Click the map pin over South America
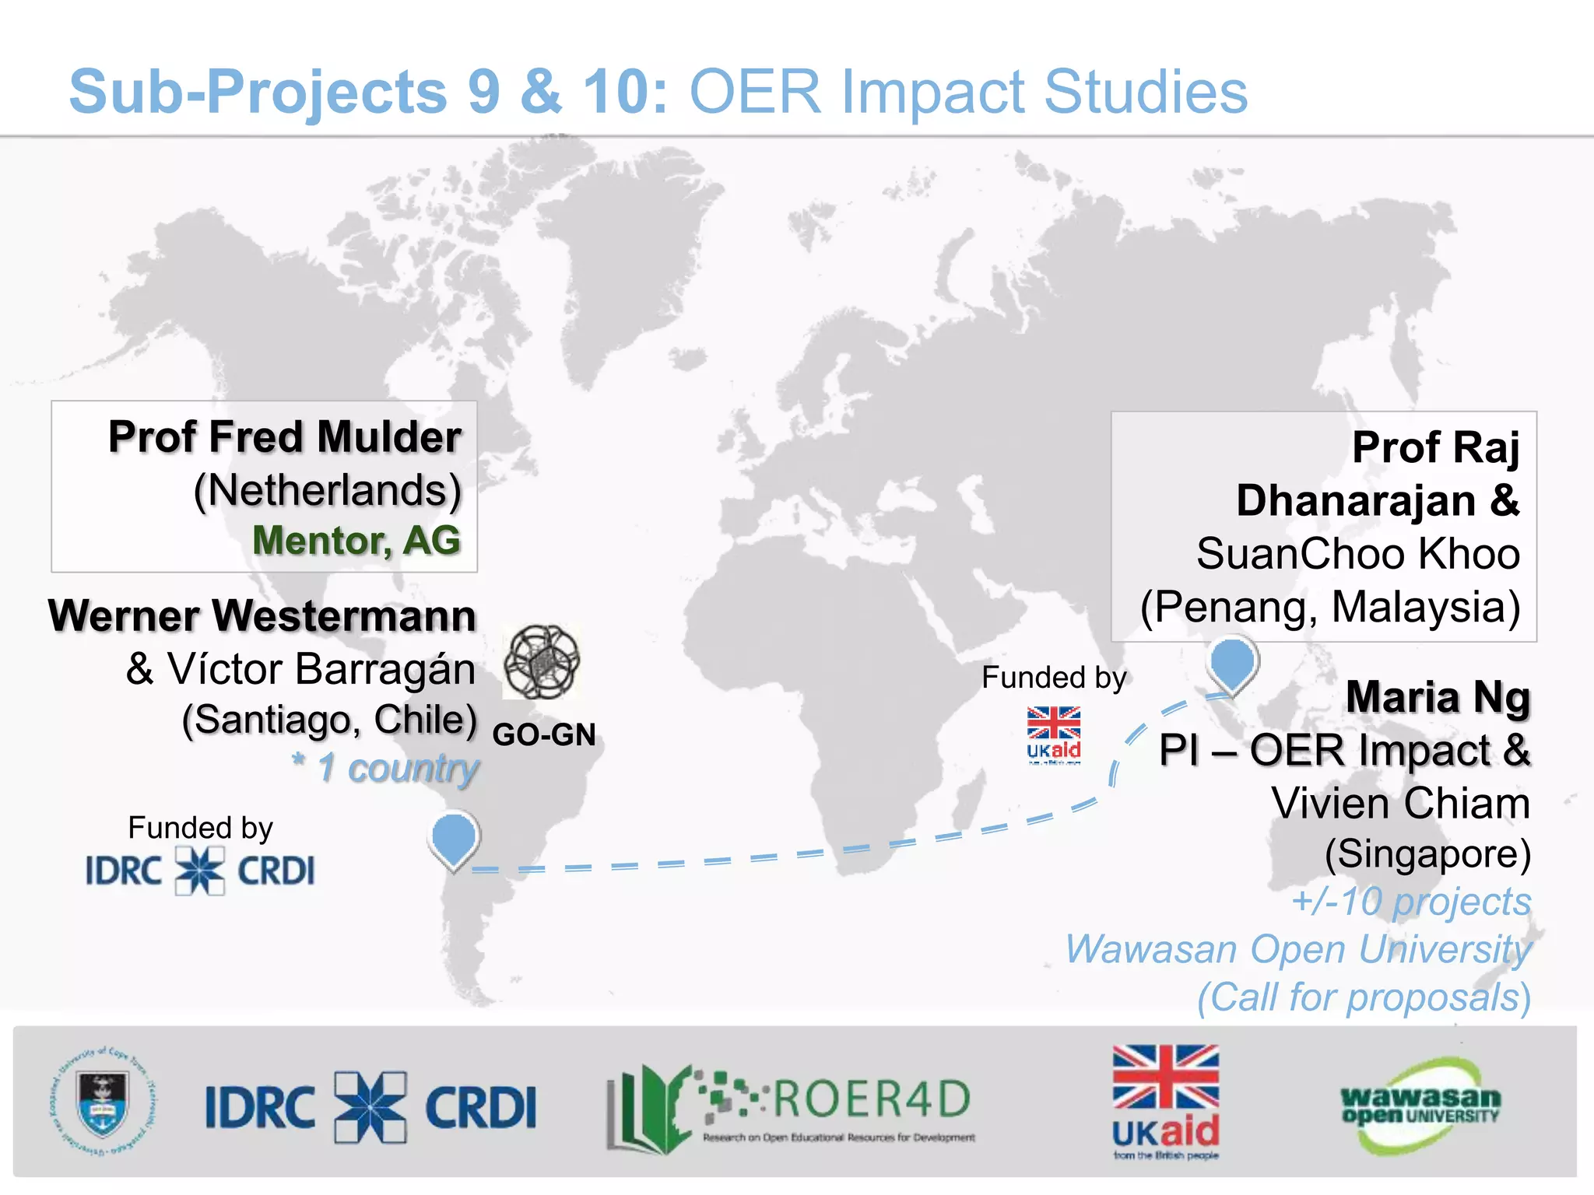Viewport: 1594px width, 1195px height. pos(454,838)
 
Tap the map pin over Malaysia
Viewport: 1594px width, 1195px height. pos(1232,663)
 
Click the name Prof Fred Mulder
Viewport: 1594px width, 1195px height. pos(285,437)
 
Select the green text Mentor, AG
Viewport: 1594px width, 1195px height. pos(356,541)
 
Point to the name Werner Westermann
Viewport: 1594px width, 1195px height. pos(262,616)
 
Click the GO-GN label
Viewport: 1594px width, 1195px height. pos(544,735)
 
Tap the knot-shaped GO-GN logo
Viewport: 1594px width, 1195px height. pos(542,663)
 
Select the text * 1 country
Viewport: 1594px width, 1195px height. pos(385,769)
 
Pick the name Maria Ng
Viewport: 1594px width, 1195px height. pos(1438,697)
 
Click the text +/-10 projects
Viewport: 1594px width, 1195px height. pos(1410,902)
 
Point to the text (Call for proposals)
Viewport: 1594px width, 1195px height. pos(1364,997)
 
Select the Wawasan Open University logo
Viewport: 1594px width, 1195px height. pos(1420,1106)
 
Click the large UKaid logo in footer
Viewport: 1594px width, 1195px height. pos(1165,1101)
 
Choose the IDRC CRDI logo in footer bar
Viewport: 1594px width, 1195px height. pos(370,1107)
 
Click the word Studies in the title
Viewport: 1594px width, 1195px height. pos(1145,93)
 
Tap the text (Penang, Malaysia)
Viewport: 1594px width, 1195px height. pos(1330,607)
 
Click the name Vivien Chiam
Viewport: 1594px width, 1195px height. pos(1400,803)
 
